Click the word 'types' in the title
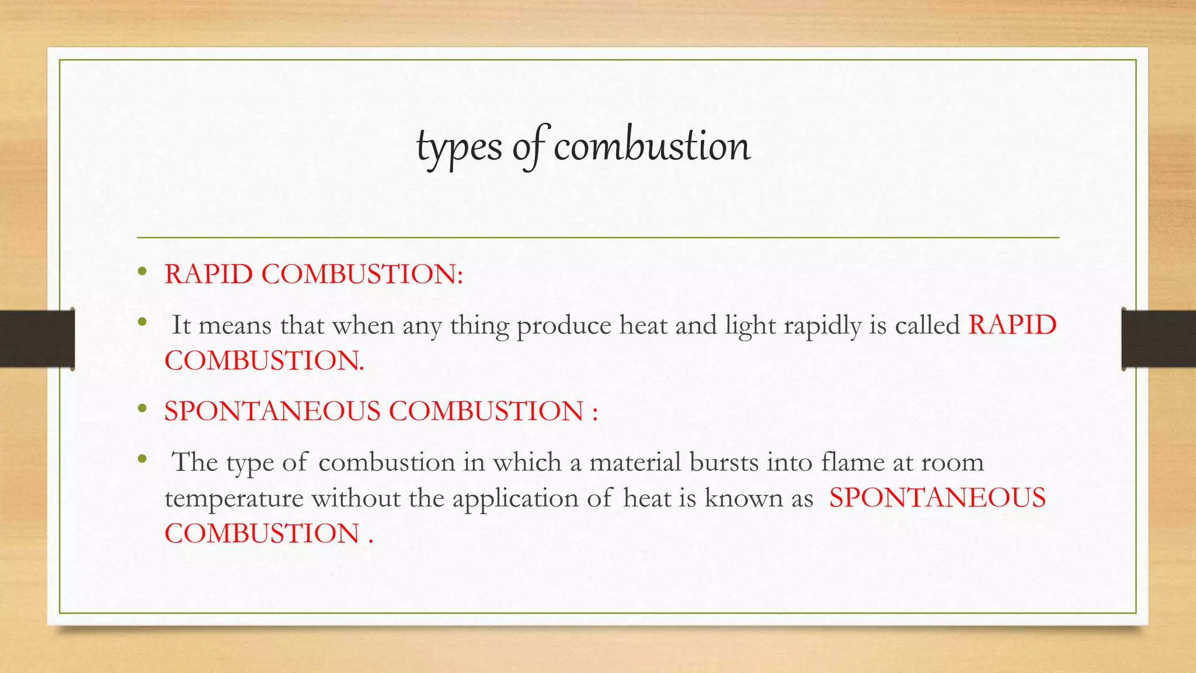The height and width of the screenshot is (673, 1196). [x=458, y=147]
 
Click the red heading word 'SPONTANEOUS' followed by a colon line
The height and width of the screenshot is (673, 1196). [x=272, y=411]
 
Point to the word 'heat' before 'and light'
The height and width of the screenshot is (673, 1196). [x=644, y=325]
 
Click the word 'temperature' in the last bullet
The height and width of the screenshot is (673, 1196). [x=234, y=498]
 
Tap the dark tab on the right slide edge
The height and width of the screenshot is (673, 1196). [x=1159, y=339]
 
